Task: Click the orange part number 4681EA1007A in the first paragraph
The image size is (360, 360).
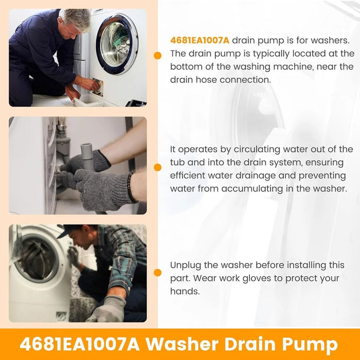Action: (200, 40)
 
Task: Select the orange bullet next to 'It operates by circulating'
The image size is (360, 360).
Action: (157, 168)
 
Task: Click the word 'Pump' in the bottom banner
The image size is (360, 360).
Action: (311, 344)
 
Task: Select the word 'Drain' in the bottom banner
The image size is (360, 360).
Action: (244, 344)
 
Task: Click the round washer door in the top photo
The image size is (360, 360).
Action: (116, 44)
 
